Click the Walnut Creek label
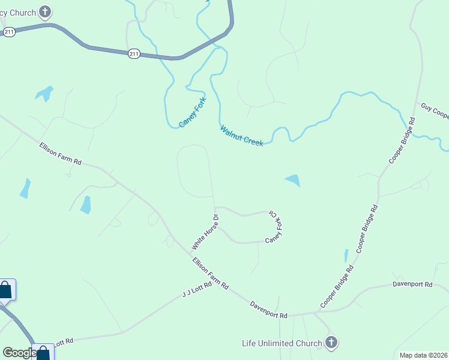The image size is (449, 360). (x=241, y=136)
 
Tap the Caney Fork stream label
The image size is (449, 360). (x=192, y=112)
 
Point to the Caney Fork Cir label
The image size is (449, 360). (x=275, y=227)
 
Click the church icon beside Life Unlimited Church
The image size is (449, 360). (x=331, y=343)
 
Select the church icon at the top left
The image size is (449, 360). (x=45, y=11)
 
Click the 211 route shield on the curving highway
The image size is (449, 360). (x=134, y=54)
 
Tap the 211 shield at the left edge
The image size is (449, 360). (x=8, y=31)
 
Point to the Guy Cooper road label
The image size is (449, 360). (x=434, y=110)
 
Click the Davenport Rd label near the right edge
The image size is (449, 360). (x=412, y=284)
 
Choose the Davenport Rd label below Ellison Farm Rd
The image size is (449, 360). (x=269, y=310)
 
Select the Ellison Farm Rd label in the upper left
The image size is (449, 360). (x=60, y=154)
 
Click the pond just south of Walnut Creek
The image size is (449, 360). (x=293, y=180)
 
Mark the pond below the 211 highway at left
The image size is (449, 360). (x=44, y=93)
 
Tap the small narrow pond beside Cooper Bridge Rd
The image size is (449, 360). (x=346, y=256)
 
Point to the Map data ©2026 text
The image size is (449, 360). (x=424, y=355)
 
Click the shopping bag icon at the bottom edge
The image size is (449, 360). (x=43, y=353)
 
